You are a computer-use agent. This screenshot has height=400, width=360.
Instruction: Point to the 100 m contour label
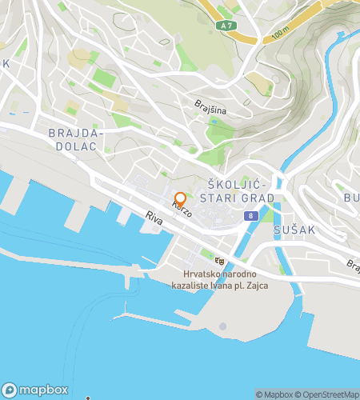279,33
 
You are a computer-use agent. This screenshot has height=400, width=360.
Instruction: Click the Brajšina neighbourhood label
211,105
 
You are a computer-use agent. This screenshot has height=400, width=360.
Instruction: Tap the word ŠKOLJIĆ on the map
235,183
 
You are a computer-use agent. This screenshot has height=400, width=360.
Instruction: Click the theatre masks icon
219,260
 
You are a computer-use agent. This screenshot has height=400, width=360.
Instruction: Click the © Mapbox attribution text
274,394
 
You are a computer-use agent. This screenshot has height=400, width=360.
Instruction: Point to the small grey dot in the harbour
223,326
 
